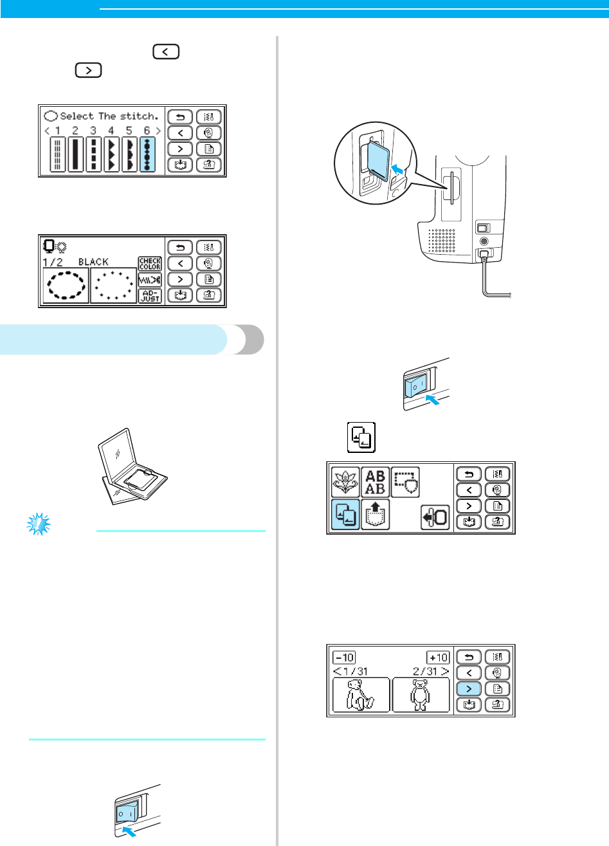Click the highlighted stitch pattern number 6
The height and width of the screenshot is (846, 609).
point(147,154)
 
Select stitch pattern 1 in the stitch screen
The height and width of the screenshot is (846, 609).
point(57,154)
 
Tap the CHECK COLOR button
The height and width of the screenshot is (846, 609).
point(150,264)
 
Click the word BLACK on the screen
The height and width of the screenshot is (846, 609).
point(93,262)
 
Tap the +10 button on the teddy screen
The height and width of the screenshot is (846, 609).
point(438,657)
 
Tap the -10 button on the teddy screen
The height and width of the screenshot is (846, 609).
point(344,657)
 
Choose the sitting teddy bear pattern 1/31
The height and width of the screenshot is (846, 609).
point(361,694)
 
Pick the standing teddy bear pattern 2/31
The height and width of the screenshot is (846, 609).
point(421,694)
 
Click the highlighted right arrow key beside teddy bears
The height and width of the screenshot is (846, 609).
point(469,688)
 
